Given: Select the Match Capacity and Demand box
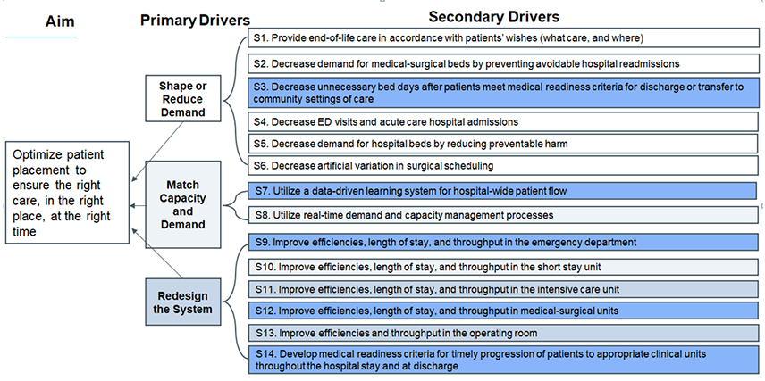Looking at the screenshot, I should (182, 204).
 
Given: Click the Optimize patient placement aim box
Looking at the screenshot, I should (63, 192).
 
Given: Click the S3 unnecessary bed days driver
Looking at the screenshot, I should (501, 93).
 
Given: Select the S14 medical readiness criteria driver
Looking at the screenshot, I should (501, 360).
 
